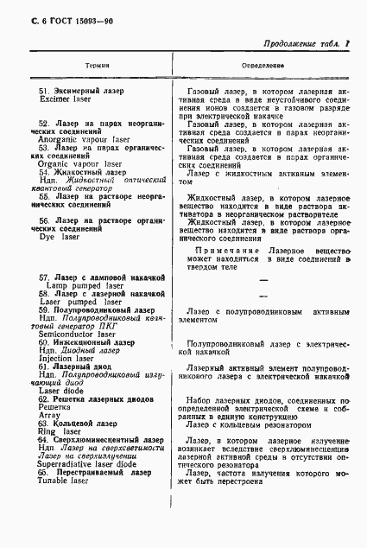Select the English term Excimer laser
67,99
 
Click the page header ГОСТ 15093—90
62,11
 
